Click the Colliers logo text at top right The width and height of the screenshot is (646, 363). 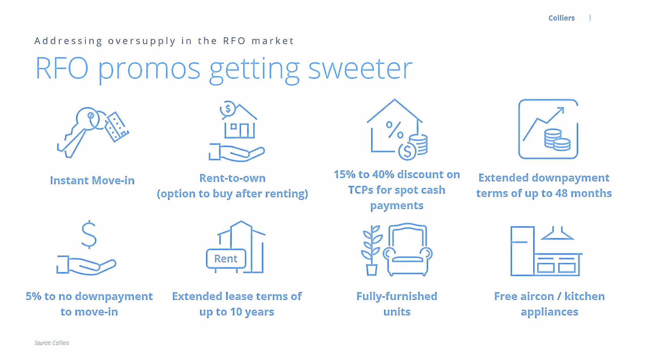[561, 18]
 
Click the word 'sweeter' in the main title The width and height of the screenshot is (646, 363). [360, 68]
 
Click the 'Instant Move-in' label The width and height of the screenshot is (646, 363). [92, 180]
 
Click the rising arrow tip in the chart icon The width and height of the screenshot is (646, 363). [562, 109]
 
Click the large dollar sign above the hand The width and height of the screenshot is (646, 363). [89, 235]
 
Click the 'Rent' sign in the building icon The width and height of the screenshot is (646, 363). [226, 259]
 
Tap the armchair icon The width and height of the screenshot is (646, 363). [408, 250]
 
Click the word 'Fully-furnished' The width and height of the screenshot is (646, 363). [397, 296]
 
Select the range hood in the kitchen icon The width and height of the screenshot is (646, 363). [557, 233]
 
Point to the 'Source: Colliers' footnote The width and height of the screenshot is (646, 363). [52, 343]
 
